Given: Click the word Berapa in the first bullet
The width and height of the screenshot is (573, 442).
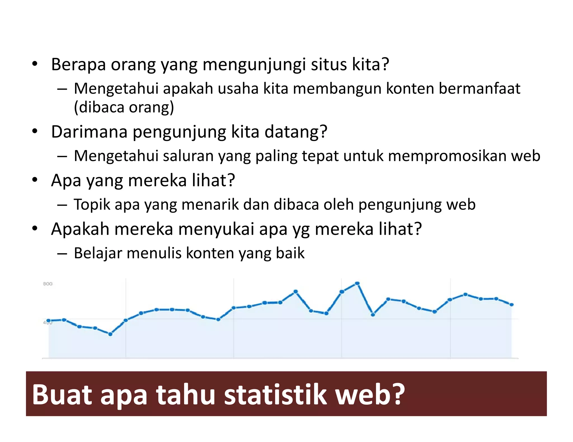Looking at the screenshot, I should click(x=79, y=65).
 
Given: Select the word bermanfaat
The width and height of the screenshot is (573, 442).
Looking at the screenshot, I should click(x=479, y=89).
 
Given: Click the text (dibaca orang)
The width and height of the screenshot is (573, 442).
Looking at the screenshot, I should click(x=124, y=108).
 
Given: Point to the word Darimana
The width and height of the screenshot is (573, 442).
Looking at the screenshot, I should click(x=89, y=132).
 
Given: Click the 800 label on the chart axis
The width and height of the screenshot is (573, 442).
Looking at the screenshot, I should click(x=48, y=284).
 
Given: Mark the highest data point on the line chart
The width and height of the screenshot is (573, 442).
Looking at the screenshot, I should click(x=357, y=284).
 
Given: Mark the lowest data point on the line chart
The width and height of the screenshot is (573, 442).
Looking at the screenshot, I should click(x=110, y=334).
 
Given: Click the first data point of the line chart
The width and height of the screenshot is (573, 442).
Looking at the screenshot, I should click(x=49, y=321).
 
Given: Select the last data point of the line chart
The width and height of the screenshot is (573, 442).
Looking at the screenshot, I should click(x=511, y=305).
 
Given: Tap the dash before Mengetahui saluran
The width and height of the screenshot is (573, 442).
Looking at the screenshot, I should click(x=62, y=156).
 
